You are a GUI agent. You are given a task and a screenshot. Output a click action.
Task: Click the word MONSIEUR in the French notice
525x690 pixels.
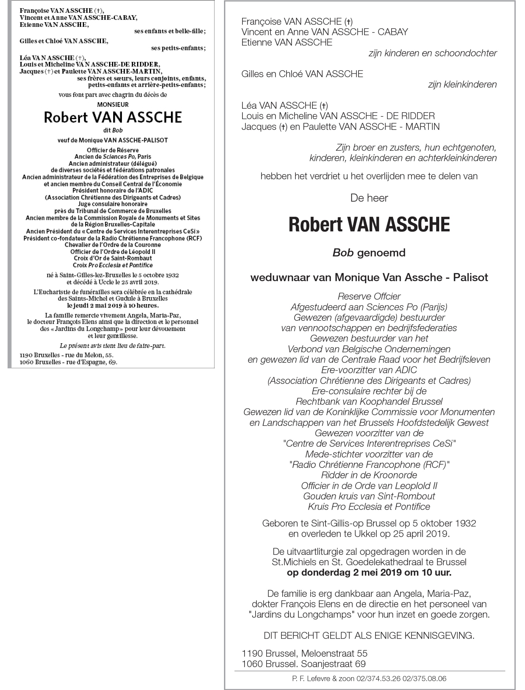point(113,104)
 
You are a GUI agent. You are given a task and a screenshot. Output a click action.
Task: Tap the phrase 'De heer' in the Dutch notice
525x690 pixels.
point(369,198)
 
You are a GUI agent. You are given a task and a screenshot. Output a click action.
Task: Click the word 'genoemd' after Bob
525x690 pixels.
point(381,252)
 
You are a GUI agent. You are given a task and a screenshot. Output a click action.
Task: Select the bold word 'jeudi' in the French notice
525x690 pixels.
point(81,306)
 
